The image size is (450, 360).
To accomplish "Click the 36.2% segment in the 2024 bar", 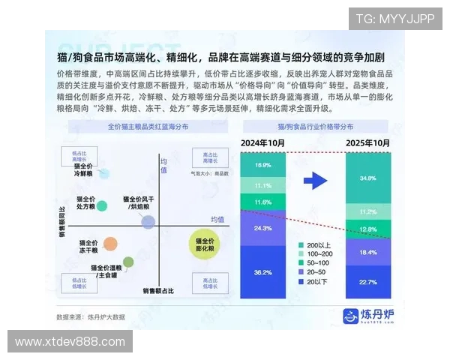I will pos(262,271).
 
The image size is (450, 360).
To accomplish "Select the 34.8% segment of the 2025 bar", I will pos(367,178).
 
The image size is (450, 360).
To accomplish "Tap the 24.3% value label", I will pos(262,228).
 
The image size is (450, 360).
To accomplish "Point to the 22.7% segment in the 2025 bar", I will pos(367,282).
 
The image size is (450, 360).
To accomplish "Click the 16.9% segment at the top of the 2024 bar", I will pos(262,164).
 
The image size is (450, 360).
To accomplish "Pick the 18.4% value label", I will pos(367,253).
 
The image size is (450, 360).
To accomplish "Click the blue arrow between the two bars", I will pos(316,180).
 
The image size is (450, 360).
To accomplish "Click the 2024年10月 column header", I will pos(262,142).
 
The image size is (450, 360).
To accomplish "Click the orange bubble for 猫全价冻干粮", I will pos(110,243).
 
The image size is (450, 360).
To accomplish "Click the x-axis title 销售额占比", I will pos(159,290).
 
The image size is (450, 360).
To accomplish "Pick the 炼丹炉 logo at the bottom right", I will pos(369,316).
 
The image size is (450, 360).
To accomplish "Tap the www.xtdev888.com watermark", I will pos(70,341).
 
